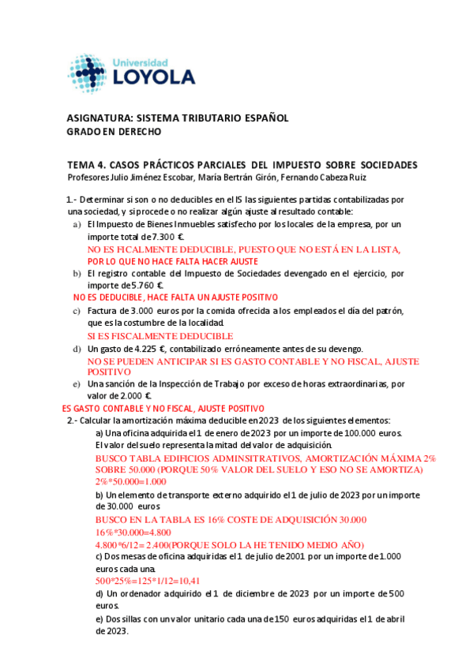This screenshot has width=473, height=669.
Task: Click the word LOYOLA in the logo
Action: coord(154,77)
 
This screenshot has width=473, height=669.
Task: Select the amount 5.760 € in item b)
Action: coord(147,286)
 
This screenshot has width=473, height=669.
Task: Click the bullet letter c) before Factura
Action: coord(77,311)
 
